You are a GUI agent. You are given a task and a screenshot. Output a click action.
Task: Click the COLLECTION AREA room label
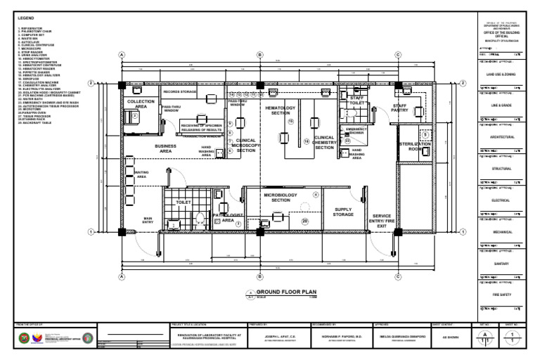[141, 104]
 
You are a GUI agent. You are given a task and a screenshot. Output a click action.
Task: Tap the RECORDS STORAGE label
[180, 92]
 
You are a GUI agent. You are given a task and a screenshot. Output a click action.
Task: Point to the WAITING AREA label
[141, 174]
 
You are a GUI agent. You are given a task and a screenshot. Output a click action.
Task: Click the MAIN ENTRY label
[148, 219]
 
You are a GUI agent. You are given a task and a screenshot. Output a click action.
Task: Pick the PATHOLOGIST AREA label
[228, 217]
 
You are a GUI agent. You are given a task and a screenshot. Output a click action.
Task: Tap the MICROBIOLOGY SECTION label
[281, 197]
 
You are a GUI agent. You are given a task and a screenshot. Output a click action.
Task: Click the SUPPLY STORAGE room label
[343, 212]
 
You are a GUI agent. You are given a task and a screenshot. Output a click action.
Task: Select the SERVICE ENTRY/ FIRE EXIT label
[382, 221]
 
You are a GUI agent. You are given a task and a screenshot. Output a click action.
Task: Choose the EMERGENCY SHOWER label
[356, 131]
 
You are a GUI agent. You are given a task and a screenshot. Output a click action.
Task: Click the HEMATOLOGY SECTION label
[281, 110]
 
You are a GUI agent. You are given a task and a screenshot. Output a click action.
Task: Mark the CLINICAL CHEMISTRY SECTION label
[324, 143]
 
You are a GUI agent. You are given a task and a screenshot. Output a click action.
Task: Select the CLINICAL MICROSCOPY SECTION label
[246, 146]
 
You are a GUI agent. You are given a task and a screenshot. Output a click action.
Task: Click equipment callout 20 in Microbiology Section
[304, 221]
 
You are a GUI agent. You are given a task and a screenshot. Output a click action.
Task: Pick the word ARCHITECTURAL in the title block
[502, 136]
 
